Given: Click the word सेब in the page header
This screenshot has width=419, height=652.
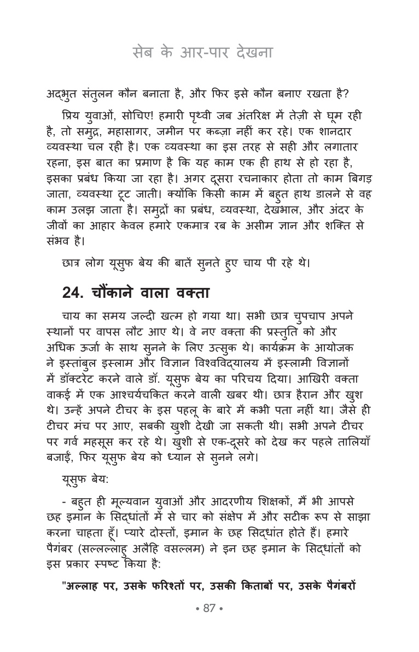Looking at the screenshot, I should tap(144, 53).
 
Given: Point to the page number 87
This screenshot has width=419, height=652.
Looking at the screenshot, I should tap(209, 609).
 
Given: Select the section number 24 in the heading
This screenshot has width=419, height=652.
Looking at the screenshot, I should tap(72, 293).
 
